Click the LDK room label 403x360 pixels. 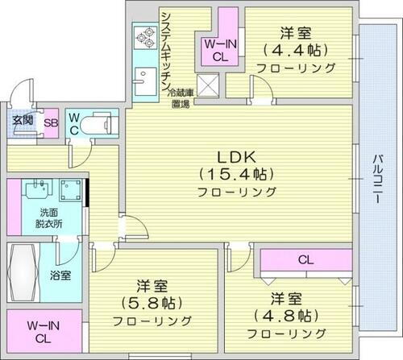[238, 156]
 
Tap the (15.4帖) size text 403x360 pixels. [238, 173]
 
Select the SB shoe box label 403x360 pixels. [49, 122]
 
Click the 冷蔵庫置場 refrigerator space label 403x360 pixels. [180, 98]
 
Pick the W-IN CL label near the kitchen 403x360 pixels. [214, 50]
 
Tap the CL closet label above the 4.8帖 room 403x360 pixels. [305, 259]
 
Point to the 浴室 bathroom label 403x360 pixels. [61, 275]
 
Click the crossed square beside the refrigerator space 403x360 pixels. [209, 85]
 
